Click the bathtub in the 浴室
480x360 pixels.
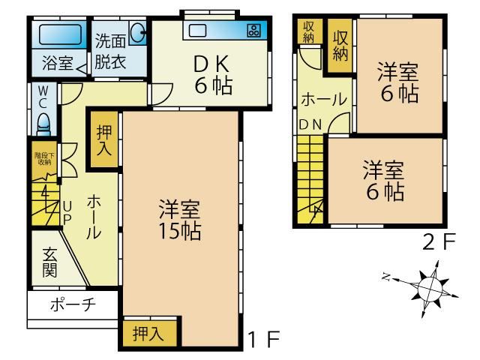(x=60, y=34)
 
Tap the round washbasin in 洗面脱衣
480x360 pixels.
(x=138, y=32)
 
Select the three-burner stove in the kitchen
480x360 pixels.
(x=253, y=31)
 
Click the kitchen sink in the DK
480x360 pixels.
(x=197, y=31)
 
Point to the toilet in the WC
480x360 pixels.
(x=43, y=124)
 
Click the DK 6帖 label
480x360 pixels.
(x=213, y=75)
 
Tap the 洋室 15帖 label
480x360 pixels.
(x=180, y=220)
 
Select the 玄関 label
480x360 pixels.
(x=49, y=262)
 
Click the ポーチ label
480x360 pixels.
(x=73, y=304)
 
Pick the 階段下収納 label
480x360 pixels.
(x=44, y=158)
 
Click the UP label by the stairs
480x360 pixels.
(x=67, y=213)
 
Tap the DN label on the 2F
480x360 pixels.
(x=310, y=124)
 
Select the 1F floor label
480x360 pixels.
(x=264, y=339)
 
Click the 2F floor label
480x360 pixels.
(x=439, y=241)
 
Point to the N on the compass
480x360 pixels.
(x=386, y=277)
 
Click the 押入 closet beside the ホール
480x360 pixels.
(x=104, y=139)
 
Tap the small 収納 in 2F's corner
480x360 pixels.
(x=309, y=31)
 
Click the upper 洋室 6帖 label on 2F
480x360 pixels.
(x=398, y=82)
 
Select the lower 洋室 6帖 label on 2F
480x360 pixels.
(x=384, y=180)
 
